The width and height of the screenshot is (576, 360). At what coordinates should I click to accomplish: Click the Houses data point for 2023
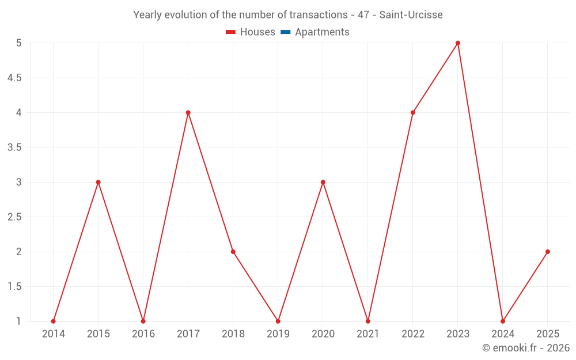tap(458, 43)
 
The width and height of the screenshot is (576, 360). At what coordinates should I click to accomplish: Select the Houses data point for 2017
tap(188, 112)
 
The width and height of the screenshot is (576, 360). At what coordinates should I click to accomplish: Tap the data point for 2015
tap(98, 182)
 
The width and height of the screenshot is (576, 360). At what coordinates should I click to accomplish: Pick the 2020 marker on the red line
tap(323, 182)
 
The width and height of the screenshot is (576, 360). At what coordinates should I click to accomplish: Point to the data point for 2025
tap(548, 252)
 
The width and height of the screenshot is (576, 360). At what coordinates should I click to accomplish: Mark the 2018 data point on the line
tap(233, 252)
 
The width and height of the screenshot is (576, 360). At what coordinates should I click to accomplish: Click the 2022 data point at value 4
tap(413, 112)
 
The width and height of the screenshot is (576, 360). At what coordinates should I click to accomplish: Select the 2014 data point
tap(54, 321)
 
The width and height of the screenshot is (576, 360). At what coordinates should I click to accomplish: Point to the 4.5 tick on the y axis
tap(14, 78)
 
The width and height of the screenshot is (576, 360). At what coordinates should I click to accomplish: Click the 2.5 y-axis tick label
tap(14, 217)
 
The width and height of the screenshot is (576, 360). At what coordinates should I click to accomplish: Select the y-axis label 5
tap(18, 43)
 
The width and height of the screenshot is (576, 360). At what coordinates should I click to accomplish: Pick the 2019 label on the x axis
tap(278, 334)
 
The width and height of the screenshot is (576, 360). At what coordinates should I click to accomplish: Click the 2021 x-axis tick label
tap(368, 334)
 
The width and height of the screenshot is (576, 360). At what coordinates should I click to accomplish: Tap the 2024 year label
tap(503, 334)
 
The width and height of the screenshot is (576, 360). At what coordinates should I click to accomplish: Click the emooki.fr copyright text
tap(526, 348)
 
